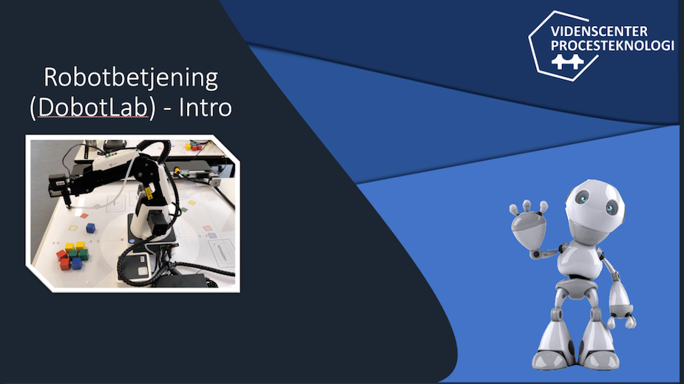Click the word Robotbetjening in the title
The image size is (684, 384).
131,78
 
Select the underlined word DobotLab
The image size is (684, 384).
93,108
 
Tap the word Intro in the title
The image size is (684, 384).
205,108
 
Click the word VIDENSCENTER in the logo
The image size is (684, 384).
599,31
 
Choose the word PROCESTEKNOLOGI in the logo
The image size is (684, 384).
612,45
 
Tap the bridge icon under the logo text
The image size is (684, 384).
567,61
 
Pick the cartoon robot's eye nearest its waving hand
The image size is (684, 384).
583,197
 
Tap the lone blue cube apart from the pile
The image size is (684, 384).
90,227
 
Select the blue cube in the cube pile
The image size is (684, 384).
77,264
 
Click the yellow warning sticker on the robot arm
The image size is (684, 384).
149,193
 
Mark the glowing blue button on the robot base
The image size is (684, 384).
132,240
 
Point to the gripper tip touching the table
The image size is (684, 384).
69,206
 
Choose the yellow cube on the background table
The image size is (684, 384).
189,146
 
